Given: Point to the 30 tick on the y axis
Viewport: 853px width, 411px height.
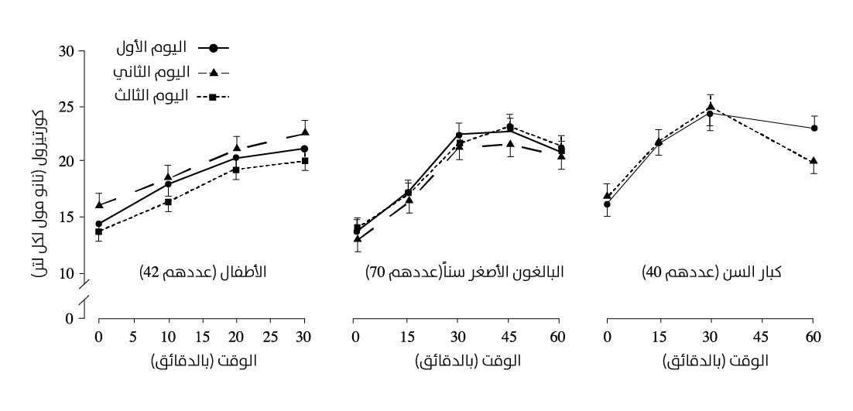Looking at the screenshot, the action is (x=67, y=51).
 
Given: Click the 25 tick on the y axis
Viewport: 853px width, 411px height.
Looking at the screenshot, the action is (x=67, y=107).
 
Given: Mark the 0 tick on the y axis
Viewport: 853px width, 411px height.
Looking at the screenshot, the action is (x=69, y=318).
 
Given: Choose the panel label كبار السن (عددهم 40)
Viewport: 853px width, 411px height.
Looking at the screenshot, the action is (x=711, y=272).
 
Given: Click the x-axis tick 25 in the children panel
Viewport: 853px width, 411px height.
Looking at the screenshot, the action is (x=270, y=337).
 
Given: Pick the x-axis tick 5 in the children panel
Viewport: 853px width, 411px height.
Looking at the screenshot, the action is (x=134, y=337).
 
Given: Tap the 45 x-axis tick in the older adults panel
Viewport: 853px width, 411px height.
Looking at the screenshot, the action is (x=762, y=337).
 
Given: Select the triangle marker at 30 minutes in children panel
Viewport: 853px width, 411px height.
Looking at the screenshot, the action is (x=305, y=132).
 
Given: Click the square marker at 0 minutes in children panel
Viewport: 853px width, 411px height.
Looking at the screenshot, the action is (x=98, y=231).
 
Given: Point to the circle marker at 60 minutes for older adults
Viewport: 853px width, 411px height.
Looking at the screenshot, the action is (x=814, y=128).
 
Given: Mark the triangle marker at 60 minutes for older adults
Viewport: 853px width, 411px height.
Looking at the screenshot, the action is (x=814, y=161).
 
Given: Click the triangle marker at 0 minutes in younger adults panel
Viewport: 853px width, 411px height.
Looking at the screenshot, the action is (x=357, y=238).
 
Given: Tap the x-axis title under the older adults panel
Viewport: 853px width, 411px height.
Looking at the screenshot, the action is (x=716, y=361).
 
